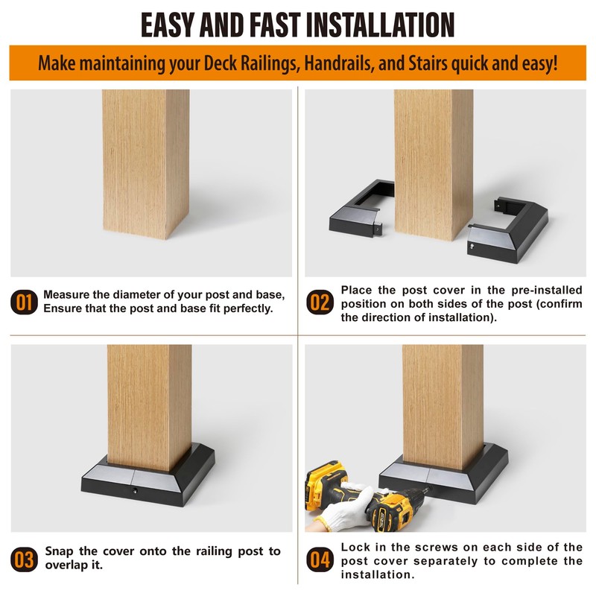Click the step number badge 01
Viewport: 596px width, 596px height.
tap(24, 302)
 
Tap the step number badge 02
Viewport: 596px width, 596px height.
tap(320, 302)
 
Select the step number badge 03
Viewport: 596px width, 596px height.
tap(24, 559)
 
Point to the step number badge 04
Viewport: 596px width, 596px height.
tap(320, 559)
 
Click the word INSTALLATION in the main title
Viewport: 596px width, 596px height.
tap(380, 25)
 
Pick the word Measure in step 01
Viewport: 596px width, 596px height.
tap(66, 294)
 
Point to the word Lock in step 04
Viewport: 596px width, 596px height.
tap(356, 547)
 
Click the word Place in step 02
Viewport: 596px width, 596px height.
tap(356, 290)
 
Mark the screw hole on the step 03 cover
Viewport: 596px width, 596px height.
tap(135, 491)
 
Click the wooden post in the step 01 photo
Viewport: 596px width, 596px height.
tap(146, 164)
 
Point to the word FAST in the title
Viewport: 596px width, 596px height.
tap(274, 25)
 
